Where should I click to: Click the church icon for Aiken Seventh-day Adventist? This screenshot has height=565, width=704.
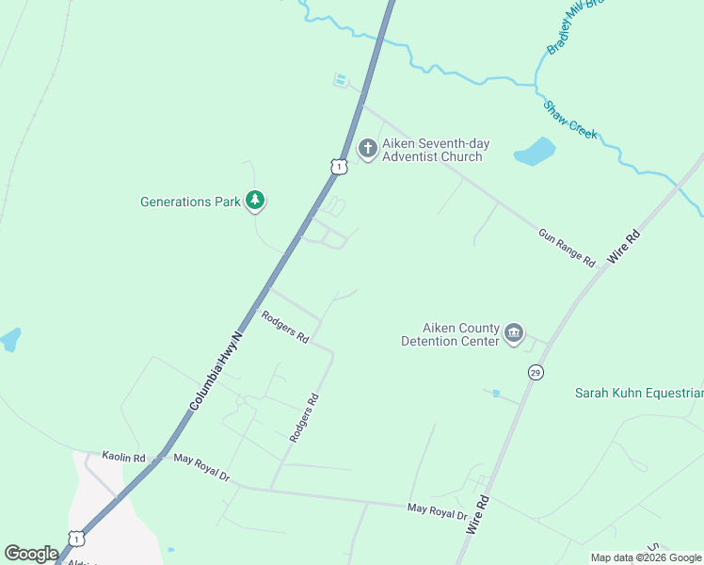pyautogui.click(x=367, y=149)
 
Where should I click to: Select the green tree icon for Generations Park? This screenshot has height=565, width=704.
pyautogui.click(x=255, y=201)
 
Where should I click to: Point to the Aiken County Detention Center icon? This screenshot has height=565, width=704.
pyautogui.click(x=514, y=334)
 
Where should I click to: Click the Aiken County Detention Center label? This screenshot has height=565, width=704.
pyautogui.click(x=450, y=334)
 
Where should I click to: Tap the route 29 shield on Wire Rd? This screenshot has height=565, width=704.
pyautogui.click(x=536, y=372)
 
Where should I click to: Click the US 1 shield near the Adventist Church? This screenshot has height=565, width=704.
pyautogui.click(x=340, y=166)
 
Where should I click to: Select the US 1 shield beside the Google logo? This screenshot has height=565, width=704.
pyautogui.click(x=76, y=538)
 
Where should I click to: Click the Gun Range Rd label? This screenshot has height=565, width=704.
pyautogui.click(x=568, y=246)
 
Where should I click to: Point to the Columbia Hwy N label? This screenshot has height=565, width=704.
pyautogui.click(x=216, y=369)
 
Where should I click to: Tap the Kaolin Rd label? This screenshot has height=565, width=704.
pyautogui.click(x=125, y=458)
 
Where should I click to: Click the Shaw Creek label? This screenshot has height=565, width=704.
pyautogui.click(x=569, y=121)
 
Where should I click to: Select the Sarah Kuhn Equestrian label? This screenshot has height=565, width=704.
pyautogui.click(x=639, y=393)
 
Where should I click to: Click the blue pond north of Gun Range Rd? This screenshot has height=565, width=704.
pyautogui.click(x=534, y=151)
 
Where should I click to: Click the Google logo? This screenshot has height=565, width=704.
pyautogui.click(x=31, y=554)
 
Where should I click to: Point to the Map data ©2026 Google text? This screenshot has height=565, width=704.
pyautogui.click(x=646, y=557)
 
